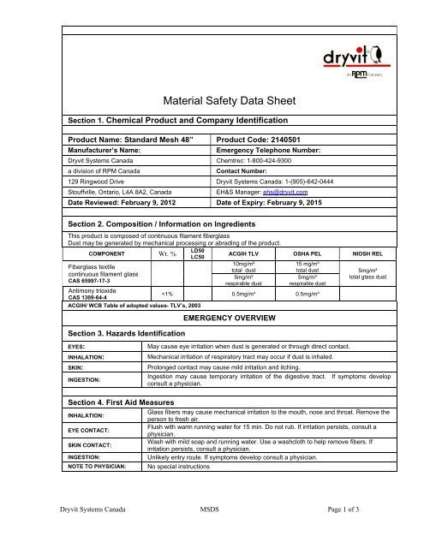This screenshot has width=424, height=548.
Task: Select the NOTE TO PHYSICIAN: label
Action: (97, 468)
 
